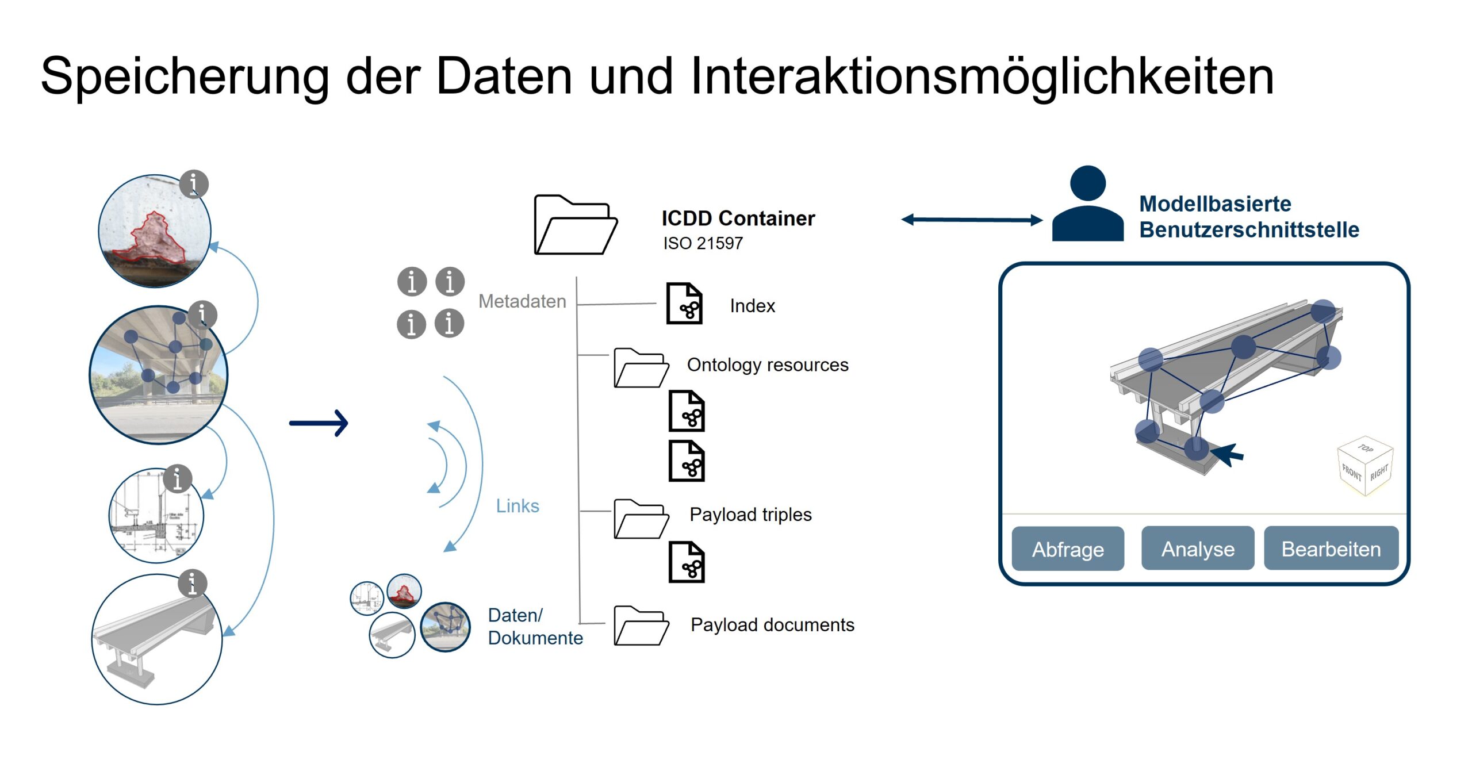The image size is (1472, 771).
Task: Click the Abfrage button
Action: (1067, 548)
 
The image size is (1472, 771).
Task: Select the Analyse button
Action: (1197, 548)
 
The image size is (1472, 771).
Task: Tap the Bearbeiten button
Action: (1331, 548)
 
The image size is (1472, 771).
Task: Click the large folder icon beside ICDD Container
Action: (574, 225)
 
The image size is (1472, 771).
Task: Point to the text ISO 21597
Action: (703, 243)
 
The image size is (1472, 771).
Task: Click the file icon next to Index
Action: (684, 304)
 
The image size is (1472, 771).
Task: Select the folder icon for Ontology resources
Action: (641, 368)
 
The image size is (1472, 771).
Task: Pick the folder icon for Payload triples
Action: (641, 519)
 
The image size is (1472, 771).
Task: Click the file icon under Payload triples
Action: (687, 562)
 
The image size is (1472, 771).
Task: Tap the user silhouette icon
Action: (1087, 205)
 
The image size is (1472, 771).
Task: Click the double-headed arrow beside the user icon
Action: (971, 220)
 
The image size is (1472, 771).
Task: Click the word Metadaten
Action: (522, 301)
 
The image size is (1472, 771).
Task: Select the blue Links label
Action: (517, 506)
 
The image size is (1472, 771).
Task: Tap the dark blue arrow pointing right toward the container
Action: (319, 423)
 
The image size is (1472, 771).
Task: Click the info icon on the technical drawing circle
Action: (178, 479)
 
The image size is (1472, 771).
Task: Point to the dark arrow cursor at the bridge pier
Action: (1228, 455)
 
